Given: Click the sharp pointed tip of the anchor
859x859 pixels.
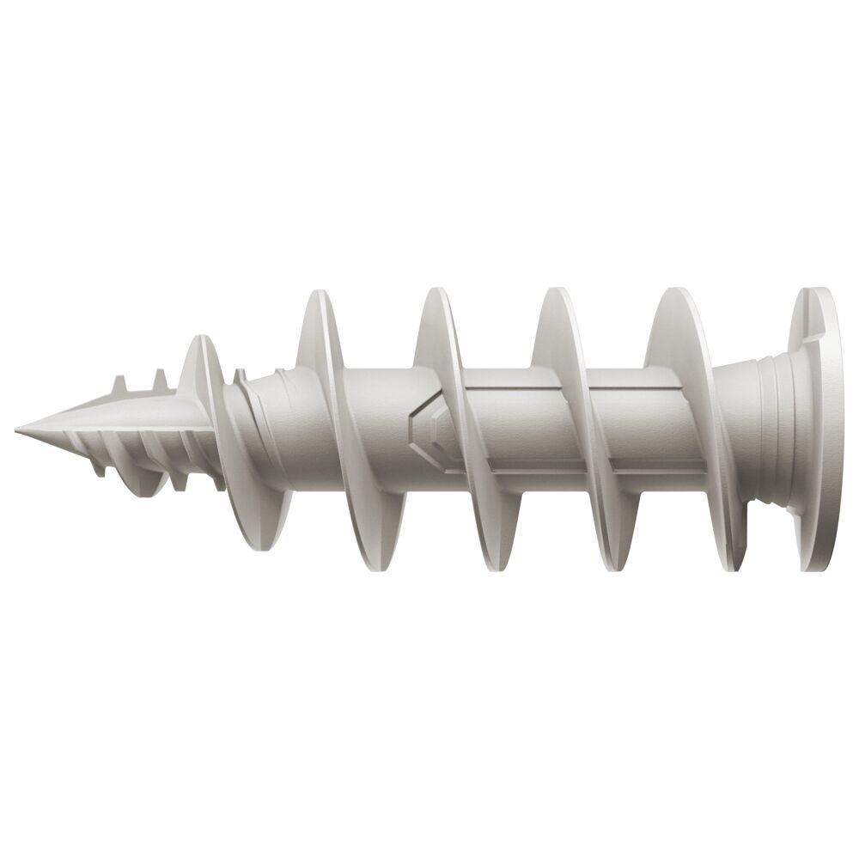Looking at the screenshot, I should [19, 427].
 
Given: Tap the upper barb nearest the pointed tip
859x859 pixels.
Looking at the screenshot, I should [117, 382].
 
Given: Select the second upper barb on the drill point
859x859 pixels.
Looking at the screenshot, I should [160, 380].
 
